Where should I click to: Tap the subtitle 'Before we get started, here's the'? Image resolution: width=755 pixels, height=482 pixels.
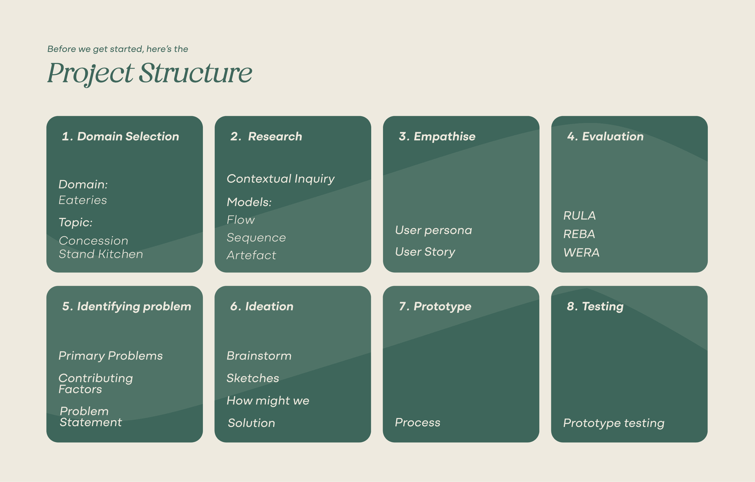point(118,49)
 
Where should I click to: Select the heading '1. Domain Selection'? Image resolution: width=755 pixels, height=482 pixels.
point(120,136)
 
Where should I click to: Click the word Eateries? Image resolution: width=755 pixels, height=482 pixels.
point(83,200)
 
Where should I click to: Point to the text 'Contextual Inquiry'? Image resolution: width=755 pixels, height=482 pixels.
point(281,179)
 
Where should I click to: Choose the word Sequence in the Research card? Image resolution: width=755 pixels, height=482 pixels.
point(256,237)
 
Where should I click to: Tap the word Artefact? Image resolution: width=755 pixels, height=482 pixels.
point(251,255)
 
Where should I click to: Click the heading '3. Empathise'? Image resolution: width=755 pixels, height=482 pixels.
point(437,136)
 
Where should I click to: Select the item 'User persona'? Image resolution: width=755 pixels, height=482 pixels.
point(433,230)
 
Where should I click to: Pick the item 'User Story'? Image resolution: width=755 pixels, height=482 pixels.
point(425,252)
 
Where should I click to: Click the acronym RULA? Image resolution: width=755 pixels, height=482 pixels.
point(579,216)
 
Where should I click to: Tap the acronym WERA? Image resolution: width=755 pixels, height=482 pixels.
point(581,253)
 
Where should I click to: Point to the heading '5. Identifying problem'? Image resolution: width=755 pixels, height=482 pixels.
point(127,306)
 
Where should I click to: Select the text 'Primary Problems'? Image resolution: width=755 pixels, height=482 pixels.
point(111,356)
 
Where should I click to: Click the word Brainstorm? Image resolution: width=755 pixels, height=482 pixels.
point(259,356)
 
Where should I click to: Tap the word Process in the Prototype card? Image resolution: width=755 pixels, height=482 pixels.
point(418,422)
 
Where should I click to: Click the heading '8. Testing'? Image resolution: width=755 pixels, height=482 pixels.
point(595,306)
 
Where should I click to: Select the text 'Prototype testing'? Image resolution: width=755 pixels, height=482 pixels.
point(614,423)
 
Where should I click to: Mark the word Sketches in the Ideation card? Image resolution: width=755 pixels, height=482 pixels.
point(253,378)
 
